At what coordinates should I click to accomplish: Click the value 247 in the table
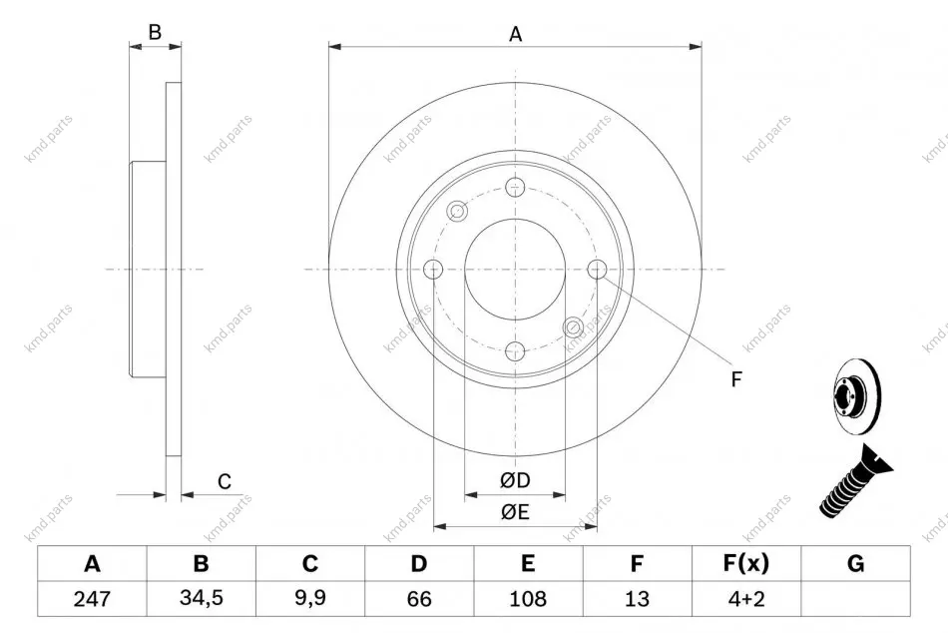click(92, 598)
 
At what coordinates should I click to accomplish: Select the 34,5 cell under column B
click(202, 598)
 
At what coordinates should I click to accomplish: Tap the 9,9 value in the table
click(310, 598)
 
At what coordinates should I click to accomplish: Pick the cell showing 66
click(419, 598)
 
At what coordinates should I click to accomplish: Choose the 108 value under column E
click(528, 598)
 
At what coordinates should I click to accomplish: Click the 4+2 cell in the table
click(746, 598)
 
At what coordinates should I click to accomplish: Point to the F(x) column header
click(746, 563)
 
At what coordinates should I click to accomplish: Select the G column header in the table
click(855, 563)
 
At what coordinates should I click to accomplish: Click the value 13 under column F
click(637, 598)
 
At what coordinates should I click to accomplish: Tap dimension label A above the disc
click(515, 34)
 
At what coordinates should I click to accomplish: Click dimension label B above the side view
click(155, 32)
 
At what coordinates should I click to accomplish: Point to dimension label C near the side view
click(225, 481)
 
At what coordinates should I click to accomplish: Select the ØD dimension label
click(515, 480)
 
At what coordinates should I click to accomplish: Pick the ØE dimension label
click(515, 512)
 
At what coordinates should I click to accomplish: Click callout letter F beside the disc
click(735, 379)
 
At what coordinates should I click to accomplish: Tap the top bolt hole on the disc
click(515, 187)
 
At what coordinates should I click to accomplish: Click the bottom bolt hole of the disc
click(515, 351)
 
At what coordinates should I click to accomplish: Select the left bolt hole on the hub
click(433, 270)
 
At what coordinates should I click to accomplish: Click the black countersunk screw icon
click(855, 480)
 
